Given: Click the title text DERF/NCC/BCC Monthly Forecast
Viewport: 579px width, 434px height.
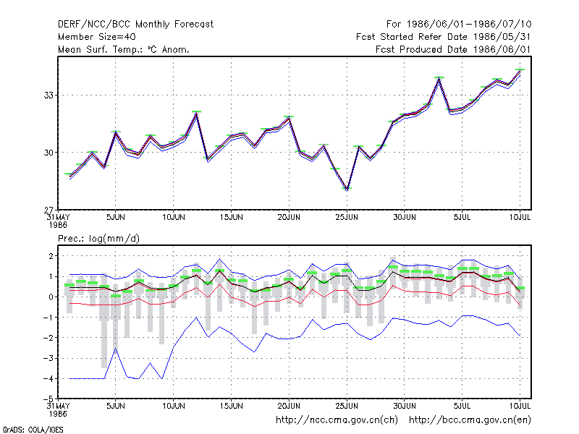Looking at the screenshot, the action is (135, 25).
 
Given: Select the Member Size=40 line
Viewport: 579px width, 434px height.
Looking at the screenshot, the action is (97, 37).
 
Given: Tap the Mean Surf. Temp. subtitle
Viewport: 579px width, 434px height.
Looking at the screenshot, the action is (123, 49).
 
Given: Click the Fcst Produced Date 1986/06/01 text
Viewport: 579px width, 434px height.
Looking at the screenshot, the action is (453, 49).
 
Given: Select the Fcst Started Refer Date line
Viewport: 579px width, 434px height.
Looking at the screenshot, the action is (443, 37).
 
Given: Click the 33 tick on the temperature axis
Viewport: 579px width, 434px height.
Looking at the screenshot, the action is (48, 95).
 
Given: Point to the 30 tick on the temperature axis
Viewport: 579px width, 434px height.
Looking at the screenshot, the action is (48, 153).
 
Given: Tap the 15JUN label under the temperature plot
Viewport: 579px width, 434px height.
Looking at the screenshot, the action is (231, 217).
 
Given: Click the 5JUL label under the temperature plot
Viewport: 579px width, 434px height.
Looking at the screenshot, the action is (462, 217).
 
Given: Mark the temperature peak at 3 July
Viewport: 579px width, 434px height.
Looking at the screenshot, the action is (439, 78).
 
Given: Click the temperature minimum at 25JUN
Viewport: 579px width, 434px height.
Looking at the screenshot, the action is (347, 189).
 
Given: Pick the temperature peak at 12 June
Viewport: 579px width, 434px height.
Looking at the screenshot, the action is (196, 113).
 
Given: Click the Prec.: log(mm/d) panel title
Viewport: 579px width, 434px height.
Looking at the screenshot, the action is (98, 239).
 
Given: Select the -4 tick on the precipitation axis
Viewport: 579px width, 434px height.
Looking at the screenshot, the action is (48, 378).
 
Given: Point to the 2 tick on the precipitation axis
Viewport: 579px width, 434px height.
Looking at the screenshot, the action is (51, 256).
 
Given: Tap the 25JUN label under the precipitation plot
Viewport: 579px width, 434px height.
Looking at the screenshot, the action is (347, 406).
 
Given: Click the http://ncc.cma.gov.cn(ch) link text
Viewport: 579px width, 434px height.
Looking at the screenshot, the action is (337, 420).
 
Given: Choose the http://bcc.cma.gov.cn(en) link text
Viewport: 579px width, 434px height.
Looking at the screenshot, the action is (470, 420).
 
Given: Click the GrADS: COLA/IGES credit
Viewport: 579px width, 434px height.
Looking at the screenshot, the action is (33, 430).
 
